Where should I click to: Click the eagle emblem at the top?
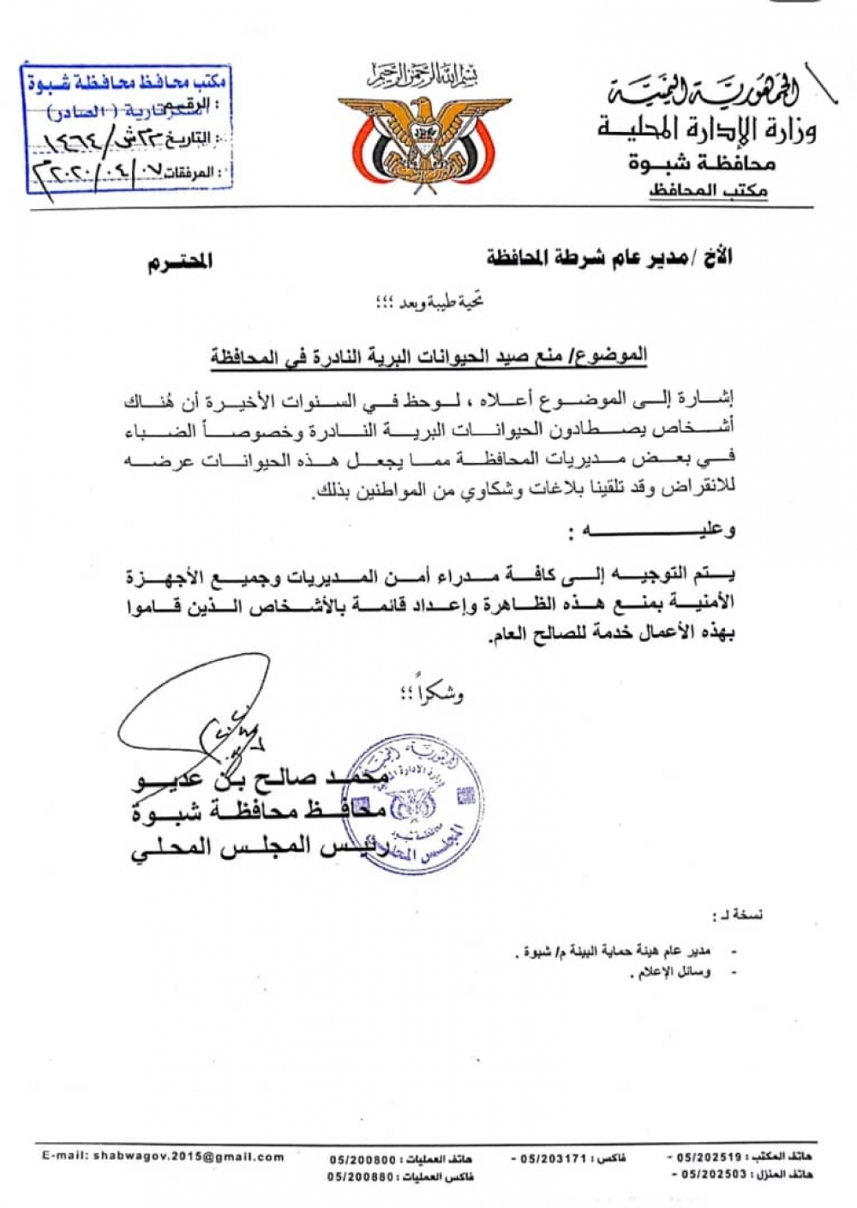pos(417,136)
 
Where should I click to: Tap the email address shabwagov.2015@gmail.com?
pos(163,1157)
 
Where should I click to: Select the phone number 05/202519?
pos(711,1157)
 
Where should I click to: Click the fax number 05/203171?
pos(556,1158)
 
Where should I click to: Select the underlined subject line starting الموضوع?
pos(429,356)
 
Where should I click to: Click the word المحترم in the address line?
pos(180,262)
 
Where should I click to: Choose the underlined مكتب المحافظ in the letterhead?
pos(708,190)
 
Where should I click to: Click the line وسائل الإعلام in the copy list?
pos(674,973)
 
